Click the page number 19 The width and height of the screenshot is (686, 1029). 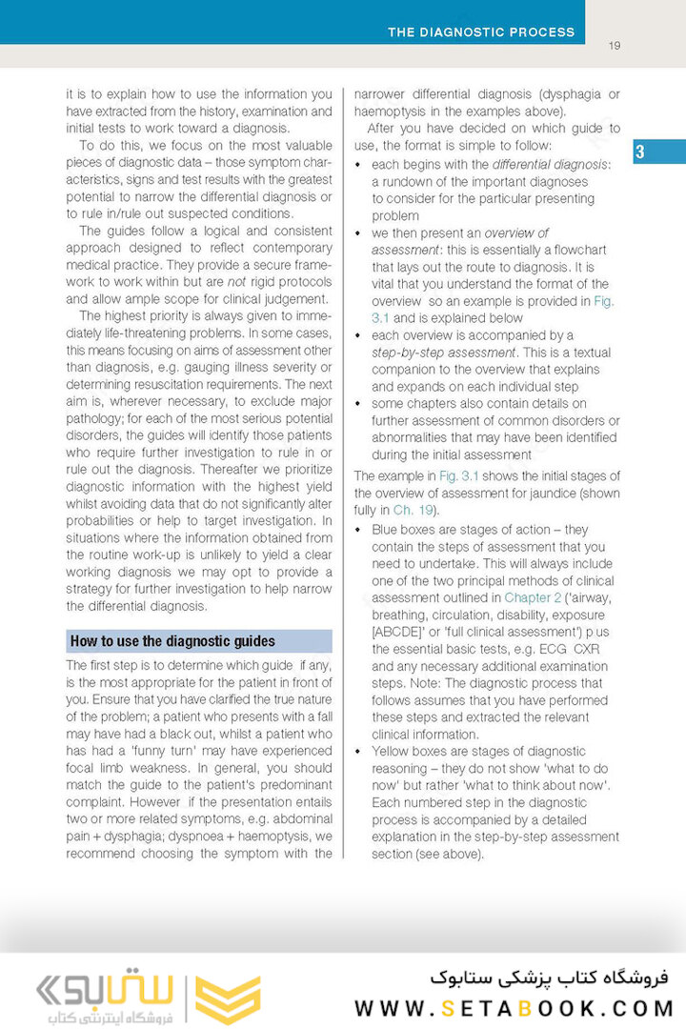tap(615, 45)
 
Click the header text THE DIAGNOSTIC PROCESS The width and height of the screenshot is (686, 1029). tap(481, 32)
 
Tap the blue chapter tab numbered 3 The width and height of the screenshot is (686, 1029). tap(640, 152)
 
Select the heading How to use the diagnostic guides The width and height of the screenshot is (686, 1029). tap(172, 641)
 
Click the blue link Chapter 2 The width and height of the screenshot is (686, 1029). tap(533, 598)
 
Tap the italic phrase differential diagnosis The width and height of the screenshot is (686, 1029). tap(549, 164)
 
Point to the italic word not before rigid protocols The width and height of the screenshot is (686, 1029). tap(237, 282)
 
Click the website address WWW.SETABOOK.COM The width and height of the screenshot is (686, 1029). tap(514, 1008)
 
